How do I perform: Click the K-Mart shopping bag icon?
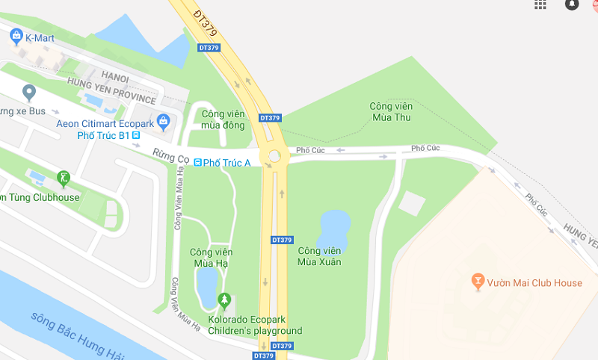point(16,35)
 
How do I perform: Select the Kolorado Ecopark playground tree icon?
point(224,300)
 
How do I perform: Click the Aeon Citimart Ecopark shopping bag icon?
point(164,121)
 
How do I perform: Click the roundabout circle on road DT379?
point(275,156)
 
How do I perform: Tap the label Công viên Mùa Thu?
point(390,112)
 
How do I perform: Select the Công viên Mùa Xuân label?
point(319,255)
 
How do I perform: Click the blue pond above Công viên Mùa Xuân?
point(334,226)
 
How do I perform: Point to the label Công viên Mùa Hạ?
point(209,257)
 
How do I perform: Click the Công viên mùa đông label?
point(223,119)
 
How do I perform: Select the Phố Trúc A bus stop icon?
point(197,163)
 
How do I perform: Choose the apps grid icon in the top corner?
point(540,4)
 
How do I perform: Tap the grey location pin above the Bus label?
point(29,93)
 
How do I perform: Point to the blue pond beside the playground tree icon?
point(206,285)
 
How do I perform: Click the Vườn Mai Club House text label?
point(534,283)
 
